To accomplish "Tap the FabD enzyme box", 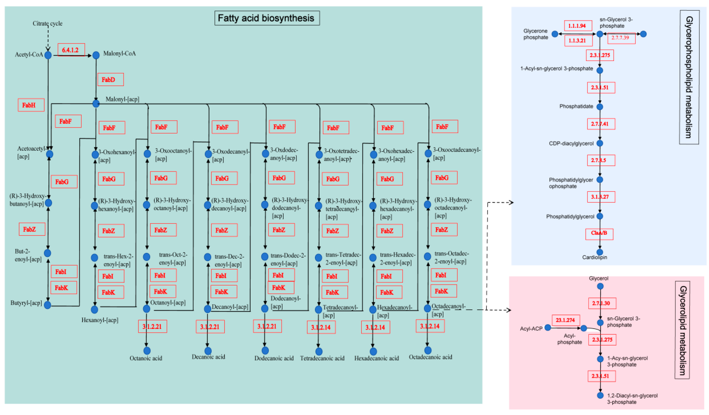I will (x=110, y=80).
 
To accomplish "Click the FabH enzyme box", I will (x=31, y=105).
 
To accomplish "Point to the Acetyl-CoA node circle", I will (x=48, y=55).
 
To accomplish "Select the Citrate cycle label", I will (x=47, y=23).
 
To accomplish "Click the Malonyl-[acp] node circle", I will (x=96, y=103).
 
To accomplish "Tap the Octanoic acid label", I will (x=146, y=358).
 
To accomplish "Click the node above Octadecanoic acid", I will (x=428, y=350).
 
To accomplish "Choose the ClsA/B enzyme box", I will (x=599, y=233).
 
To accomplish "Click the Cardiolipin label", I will (x=594, y=257).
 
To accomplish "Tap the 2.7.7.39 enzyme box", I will (x=621, y=38).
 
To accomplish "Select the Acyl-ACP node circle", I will (x=548, y=327).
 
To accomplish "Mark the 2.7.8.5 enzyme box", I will (x=601, y=160).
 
